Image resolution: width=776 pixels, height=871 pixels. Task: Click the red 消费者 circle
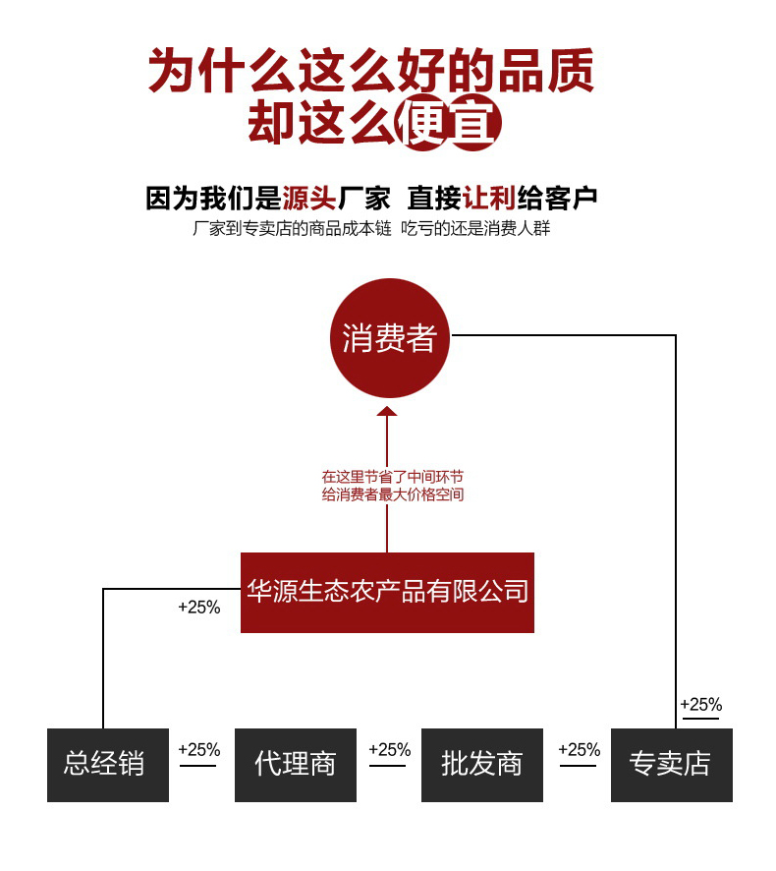coord(389,338)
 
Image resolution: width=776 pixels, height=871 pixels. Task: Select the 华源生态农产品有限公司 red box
coord(387,592)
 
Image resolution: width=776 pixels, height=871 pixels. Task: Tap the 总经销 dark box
coord(107,764)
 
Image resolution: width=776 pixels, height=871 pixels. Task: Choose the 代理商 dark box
coord(295,764)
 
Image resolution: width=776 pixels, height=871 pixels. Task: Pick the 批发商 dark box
coord(481,764)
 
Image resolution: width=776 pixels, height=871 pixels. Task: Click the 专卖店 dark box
coord(671,764)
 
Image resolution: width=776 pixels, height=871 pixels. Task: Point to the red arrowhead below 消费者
coord(387,411)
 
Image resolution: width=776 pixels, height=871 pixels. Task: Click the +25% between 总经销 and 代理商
coord(198,750)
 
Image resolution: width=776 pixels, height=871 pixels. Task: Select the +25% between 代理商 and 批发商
coord(389,750)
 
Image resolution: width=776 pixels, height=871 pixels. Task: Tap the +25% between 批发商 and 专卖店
coord(579,750)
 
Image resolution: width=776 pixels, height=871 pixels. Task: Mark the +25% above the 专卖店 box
coord(700,704)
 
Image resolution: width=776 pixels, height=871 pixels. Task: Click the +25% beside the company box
coord(198,608)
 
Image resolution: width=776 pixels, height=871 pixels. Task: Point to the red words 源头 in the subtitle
coord(309,199)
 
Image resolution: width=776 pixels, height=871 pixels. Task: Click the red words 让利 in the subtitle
coord(488,199)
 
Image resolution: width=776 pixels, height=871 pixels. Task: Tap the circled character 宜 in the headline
coord(475,125)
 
